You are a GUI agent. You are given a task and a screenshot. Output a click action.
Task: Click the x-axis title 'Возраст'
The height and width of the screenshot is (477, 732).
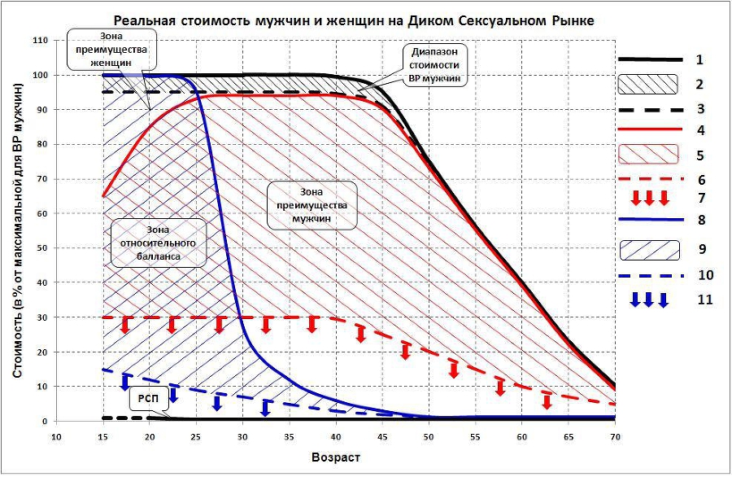click(335, 457)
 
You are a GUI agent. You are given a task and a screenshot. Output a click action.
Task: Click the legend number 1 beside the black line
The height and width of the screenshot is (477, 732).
click(700, 59)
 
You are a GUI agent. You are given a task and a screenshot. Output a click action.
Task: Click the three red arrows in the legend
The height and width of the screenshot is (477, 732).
click(649, 198)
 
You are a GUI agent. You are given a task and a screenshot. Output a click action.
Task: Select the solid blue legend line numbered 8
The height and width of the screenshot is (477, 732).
click(649, 220)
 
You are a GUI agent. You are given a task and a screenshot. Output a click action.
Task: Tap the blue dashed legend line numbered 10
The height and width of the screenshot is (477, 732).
click(649, 276)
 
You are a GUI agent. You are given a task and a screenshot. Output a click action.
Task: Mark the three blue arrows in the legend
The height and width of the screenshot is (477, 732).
click(649, 300)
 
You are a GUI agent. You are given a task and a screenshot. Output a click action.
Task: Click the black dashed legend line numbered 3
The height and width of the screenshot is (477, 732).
click(649, 108)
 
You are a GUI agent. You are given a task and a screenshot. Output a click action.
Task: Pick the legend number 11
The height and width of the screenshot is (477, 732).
click(704, 300)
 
